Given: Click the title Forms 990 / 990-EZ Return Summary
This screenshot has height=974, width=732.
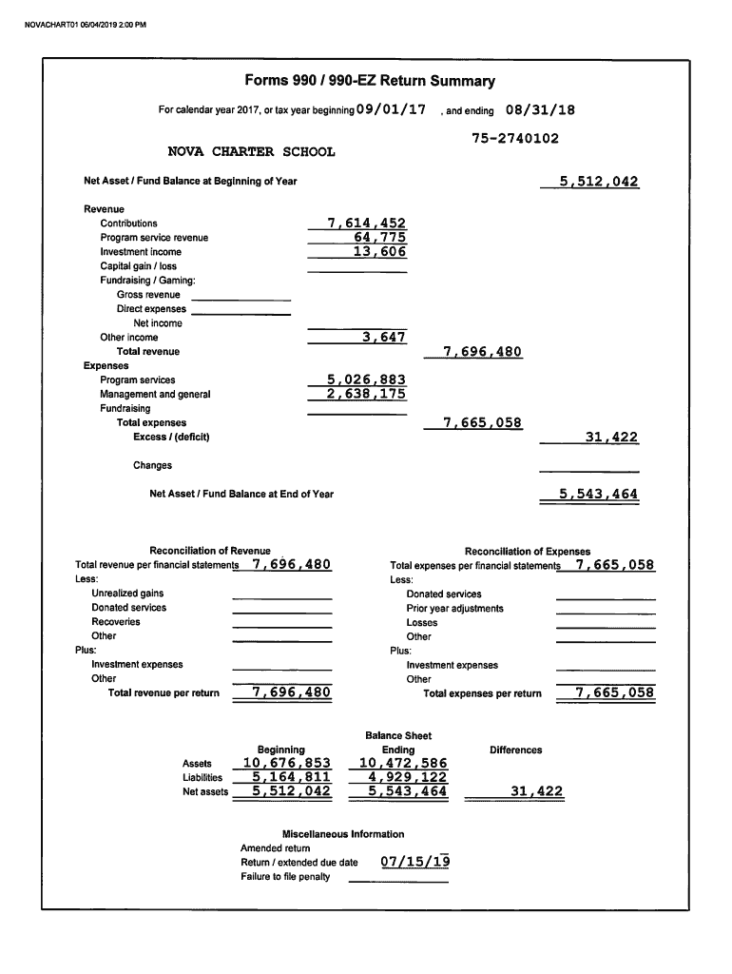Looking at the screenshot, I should click(370, 82).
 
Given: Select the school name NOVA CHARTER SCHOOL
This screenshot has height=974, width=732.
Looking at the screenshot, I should click(251, 152).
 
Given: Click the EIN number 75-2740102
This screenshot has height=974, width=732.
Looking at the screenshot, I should click(514, 139).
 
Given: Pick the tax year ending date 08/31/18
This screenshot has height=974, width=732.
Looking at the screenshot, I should click(541, 110).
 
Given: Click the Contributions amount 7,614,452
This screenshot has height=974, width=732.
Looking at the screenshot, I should click(366, 224).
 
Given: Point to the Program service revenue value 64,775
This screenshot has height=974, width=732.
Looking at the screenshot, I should click(379, 238).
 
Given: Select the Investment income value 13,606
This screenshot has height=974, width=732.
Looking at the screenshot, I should click(379, 252).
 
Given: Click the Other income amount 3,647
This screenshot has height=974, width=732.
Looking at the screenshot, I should click(384, 338).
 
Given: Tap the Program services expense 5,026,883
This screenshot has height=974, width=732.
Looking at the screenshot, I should click(366, 380).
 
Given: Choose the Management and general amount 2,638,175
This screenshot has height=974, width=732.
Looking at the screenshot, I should click(366, 394).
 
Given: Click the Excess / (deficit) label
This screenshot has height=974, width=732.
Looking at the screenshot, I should click(171, 438).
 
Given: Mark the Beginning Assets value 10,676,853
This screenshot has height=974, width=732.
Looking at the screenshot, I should click(287, 764).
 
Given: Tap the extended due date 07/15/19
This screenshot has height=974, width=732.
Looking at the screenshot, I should click(414, 863).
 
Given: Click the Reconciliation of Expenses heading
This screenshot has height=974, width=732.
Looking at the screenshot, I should click(527, 552).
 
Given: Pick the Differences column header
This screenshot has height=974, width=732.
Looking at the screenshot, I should click(515, 750).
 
